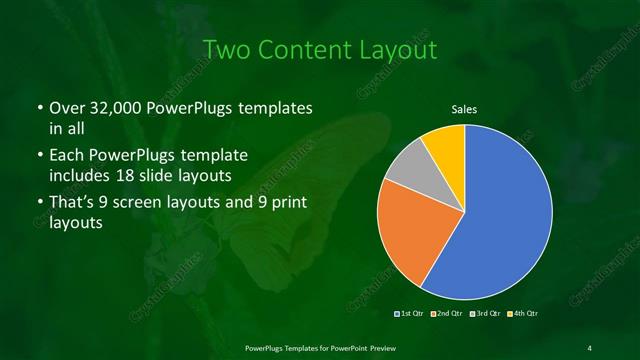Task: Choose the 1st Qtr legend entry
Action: coord(412,314)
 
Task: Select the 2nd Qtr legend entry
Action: coord(449,314)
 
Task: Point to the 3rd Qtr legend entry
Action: coord(486,314)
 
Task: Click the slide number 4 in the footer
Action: coord(590,347)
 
